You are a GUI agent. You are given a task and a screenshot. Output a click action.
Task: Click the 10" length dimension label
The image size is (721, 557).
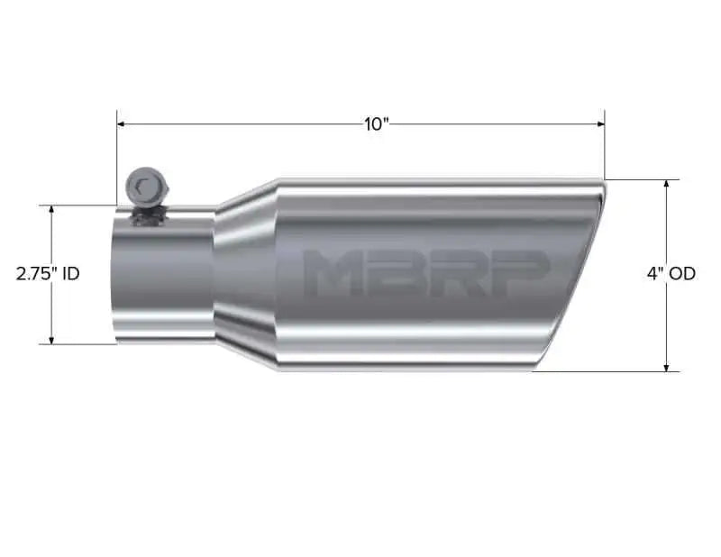point(376,123)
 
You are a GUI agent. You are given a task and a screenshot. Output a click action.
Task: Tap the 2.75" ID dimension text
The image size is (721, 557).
point(48,273)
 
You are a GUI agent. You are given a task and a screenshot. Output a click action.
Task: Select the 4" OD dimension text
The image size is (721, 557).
point(671,273)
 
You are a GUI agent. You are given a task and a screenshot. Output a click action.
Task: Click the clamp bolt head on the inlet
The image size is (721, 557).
point(142,187)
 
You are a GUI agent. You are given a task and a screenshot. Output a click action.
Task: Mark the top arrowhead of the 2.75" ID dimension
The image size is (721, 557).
point(52,210)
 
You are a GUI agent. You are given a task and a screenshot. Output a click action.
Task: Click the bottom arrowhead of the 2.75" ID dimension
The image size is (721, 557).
point(52,339)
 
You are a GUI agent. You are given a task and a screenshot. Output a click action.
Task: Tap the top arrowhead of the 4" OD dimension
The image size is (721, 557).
point(666,184)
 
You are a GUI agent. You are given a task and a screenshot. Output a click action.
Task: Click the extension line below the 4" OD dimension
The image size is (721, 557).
point(613,371)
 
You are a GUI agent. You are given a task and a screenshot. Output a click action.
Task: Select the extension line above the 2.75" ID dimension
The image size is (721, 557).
point(81,205)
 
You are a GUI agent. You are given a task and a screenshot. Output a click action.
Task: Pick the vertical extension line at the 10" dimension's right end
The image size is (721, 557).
point(605,149)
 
